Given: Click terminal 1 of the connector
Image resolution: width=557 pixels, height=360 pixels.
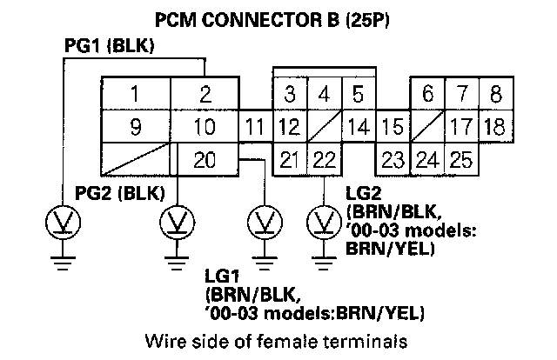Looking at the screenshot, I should coord(135,94).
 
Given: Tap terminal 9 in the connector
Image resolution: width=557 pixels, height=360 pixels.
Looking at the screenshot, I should coord(135,128).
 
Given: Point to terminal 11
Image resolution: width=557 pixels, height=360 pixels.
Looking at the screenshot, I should coord(254,128).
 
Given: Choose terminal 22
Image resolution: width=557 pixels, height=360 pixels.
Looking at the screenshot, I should coord(324,160).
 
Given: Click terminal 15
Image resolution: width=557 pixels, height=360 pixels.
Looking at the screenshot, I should coord(392,128).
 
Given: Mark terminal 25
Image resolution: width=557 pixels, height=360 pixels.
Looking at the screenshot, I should coord(460,160).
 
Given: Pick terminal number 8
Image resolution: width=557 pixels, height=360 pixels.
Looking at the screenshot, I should coord(493,94).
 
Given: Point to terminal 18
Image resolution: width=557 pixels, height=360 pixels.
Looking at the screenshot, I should coord(493,128).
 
